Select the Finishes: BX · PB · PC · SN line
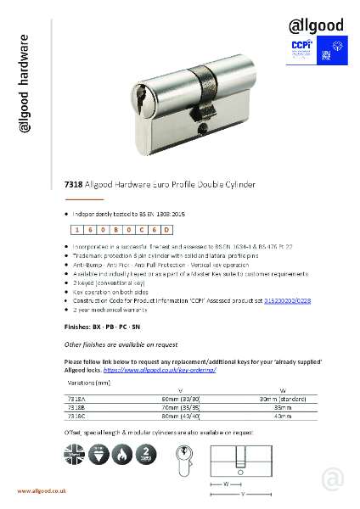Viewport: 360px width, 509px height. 108,325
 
